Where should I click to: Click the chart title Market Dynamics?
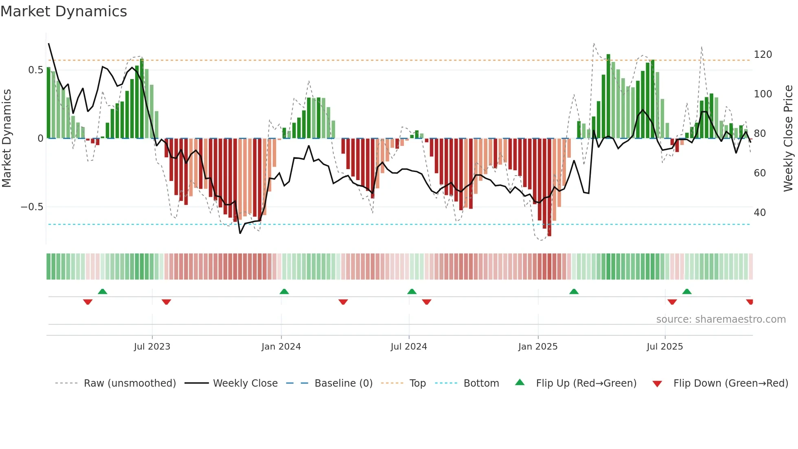64,11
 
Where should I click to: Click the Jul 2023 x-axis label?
152,346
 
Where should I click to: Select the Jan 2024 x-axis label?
281,346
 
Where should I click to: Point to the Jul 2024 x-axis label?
409,346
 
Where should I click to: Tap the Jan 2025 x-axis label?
538,346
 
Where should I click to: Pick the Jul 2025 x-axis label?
665,346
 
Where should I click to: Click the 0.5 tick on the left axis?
35,70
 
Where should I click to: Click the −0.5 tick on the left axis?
32,207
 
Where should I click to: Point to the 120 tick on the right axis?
763,55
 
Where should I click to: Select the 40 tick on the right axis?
760,213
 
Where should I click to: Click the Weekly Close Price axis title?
788,139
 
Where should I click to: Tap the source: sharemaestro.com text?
721,319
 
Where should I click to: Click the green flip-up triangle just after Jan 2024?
284,291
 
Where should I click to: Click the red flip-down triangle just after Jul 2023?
166,302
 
